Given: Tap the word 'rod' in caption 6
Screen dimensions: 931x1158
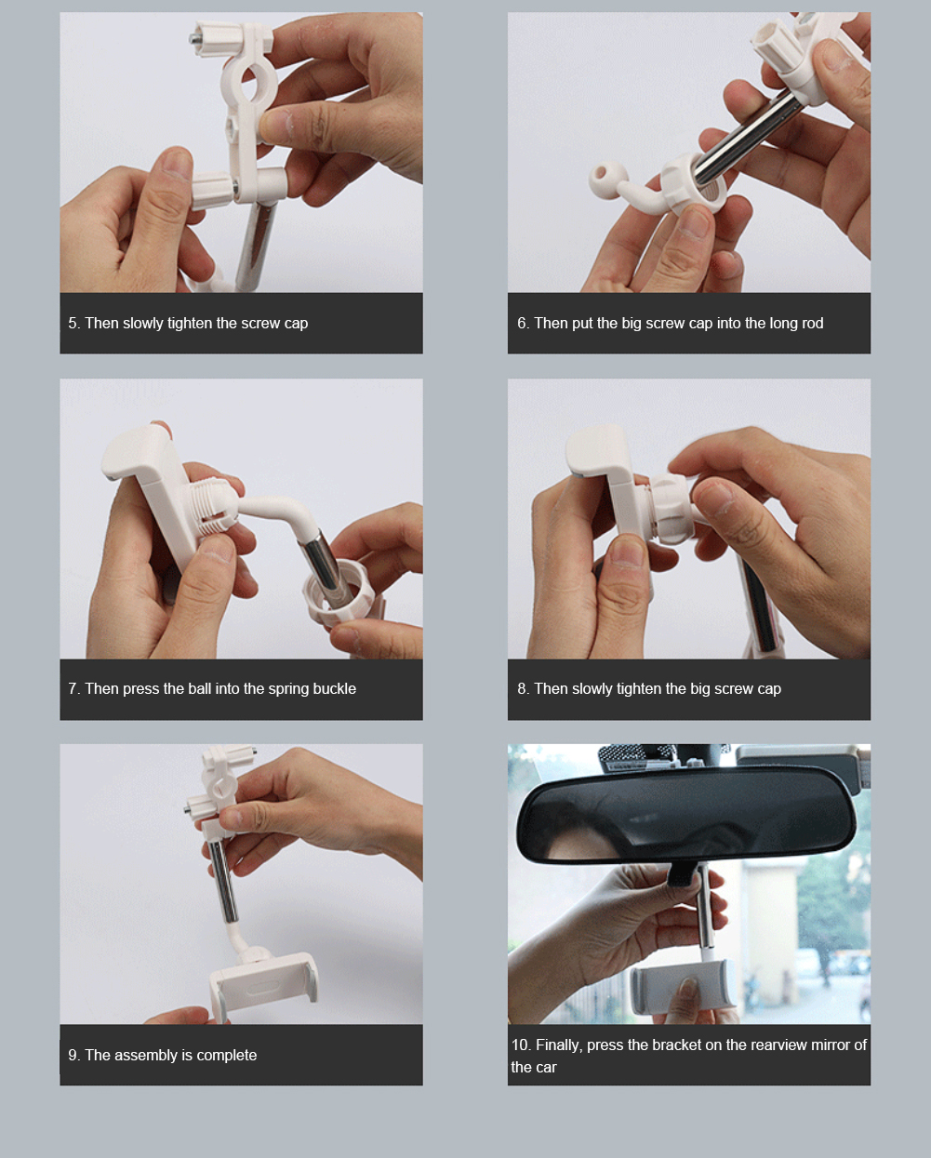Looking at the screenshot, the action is click(x=812, y=324).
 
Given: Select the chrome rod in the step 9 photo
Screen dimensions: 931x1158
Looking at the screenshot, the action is click(x=223, y=882).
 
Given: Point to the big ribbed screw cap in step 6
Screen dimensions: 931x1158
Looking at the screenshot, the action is click(x=693, y=183).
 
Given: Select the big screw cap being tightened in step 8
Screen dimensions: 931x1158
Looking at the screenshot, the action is click(x=672, y=508).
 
